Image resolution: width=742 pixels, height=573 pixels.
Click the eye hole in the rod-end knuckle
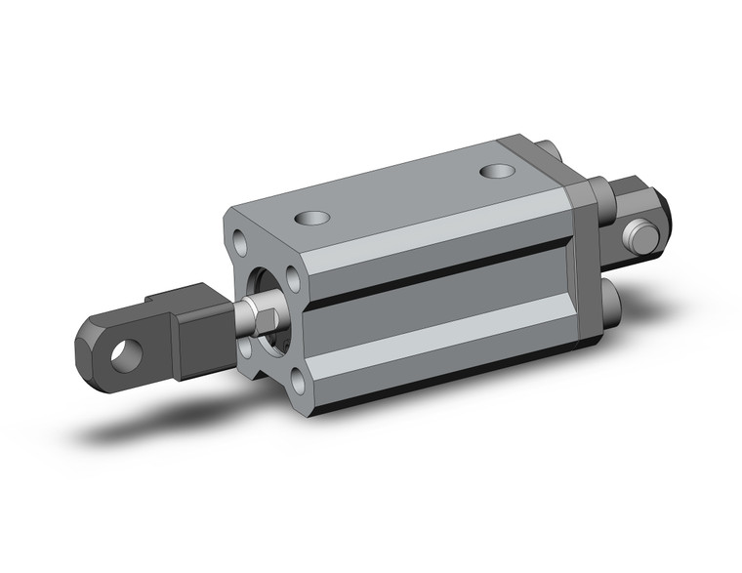(x=123, y=351)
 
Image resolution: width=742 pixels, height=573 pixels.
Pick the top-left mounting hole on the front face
(x=241, y=237)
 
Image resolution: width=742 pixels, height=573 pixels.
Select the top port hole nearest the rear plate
(x=498, y=172)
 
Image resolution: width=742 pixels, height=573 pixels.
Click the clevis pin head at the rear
(x=640, y=235)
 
